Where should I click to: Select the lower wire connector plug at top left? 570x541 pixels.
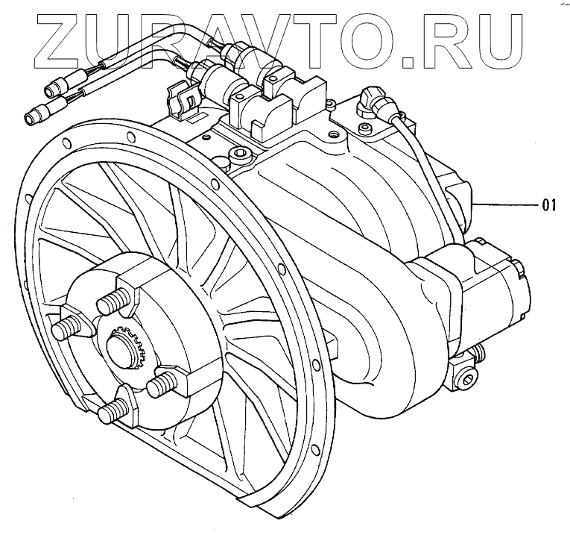tap(36, 114)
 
